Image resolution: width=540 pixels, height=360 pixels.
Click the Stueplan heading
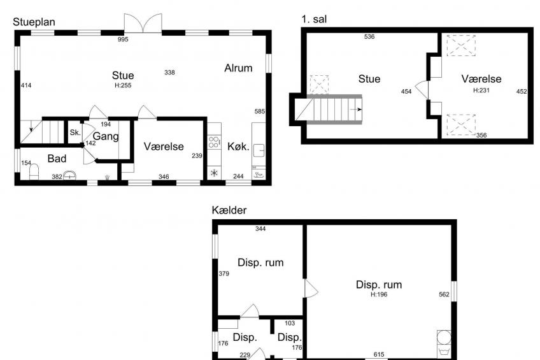coord(34,22)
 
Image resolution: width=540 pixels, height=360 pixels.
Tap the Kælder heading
coord(229,210)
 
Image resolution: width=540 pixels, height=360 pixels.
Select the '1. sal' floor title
coord(314,19)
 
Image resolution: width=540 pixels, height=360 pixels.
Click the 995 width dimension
coord(123,40)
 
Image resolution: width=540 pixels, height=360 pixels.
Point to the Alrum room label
coord(238,68)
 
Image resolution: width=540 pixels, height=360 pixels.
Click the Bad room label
coord(57,159)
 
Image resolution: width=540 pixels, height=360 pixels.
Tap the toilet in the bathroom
coord(34,171)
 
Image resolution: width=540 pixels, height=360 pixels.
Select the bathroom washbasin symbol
coord(69,175)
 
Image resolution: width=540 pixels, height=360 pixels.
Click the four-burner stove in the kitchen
coord(214,142)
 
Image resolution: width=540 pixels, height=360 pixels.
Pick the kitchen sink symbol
coord(259,150)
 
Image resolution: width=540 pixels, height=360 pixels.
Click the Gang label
coord(106,136)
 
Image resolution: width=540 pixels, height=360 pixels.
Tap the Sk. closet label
coord(75,133)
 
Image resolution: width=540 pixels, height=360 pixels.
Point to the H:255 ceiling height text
coord(123,85)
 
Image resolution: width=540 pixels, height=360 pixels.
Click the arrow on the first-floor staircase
coord(357,110)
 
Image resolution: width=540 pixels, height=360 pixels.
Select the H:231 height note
coord(481,90)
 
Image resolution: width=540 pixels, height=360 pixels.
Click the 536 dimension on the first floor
coord(369,36)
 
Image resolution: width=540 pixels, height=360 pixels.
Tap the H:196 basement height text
coord(379,294)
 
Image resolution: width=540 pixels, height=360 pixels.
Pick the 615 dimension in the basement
coord(379,354)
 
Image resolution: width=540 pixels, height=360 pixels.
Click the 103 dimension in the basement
coord(290,323)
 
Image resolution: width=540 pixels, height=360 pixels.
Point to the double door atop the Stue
coord(143,24)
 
